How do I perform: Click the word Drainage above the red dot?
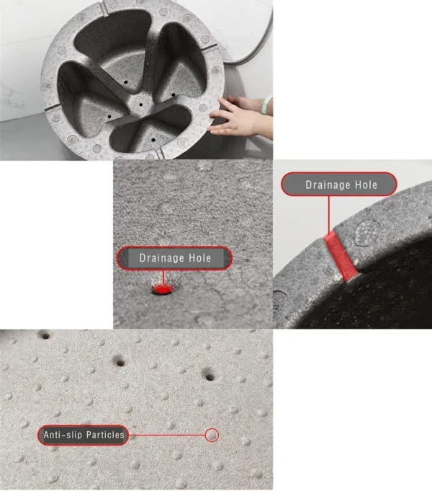(x=162, y=258)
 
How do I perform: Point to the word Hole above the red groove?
(x=366, y=185)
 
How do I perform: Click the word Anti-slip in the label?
(x=63, y=435)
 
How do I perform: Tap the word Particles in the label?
(x=105, y=435)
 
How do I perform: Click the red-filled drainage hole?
(x=162, y=289)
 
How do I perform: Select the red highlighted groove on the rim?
(x=341, y=257)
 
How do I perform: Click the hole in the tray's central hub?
(x=141, y=105)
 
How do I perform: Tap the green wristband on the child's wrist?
(x=265, y=105)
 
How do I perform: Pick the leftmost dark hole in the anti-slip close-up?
(x=45, y=337)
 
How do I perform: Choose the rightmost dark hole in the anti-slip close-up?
(x=210, y=377)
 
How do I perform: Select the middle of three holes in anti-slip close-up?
(x=120, y=363)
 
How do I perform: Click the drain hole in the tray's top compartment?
(x=126, y=82)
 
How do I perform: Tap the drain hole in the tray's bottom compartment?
(x=153, y=139)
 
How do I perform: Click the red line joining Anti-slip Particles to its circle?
(x=167, y=435)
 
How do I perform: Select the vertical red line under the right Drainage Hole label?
(x=329, y=215)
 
